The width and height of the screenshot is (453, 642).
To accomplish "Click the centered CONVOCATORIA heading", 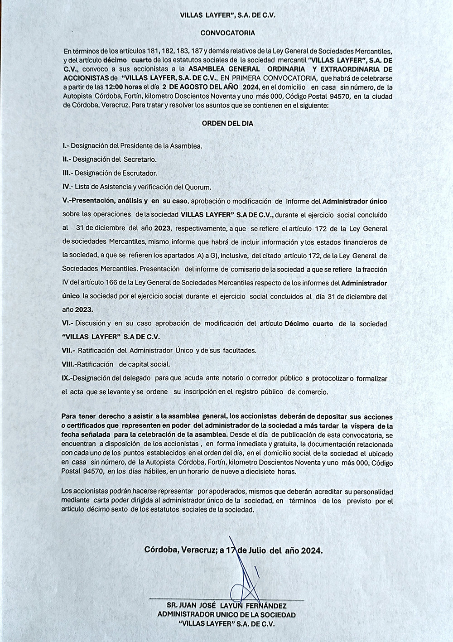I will click(227, 33).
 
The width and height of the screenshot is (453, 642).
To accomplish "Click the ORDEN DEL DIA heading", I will click(227, 123).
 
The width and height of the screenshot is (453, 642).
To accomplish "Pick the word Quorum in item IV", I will click(200, 187).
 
